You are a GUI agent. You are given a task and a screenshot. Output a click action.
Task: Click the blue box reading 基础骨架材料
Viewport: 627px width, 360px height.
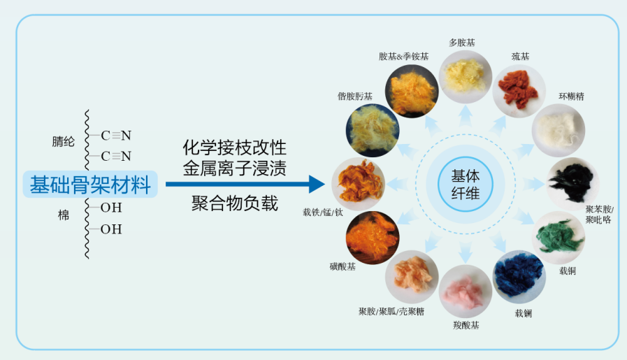click(90, 185)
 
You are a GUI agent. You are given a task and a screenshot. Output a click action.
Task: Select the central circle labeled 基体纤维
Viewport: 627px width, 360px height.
click(465, 184)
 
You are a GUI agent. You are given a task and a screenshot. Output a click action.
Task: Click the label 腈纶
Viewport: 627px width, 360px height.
click(62, 141)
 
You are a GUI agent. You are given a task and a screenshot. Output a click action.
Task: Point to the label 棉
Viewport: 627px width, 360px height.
click(64, 215)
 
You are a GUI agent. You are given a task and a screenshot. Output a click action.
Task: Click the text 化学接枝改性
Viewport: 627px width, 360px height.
click(235, 149)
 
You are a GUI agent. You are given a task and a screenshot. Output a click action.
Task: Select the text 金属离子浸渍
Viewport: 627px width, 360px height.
click(235, 168)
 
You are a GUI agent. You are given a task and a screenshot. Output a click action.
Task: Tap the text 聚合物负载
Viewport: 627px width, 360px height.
click(235, 203)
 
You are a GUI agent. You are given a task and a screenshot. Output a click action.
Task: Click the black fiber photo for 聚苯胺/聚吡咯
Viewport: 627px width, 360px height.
click(572, 183)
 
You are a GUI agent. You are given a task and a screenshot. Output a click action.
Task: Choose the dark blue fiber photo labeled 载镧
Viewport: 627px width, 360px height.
click(519, 276)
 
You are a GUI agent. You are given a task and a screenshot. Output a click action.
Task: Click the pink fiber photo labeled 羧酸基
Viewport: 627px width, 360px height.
click(466, 291)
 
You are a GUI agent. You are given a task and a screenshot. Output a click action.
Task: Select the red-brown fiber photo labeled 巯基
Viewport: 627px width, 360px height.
click(519, 91)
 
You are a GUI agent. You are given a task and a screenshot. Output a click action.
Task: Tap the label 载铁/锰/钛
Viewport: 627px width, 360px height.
click(323, 212)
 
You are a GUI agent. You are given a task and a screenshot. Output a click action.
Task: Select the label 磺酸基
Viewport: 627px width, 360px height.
click(343, 266)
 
